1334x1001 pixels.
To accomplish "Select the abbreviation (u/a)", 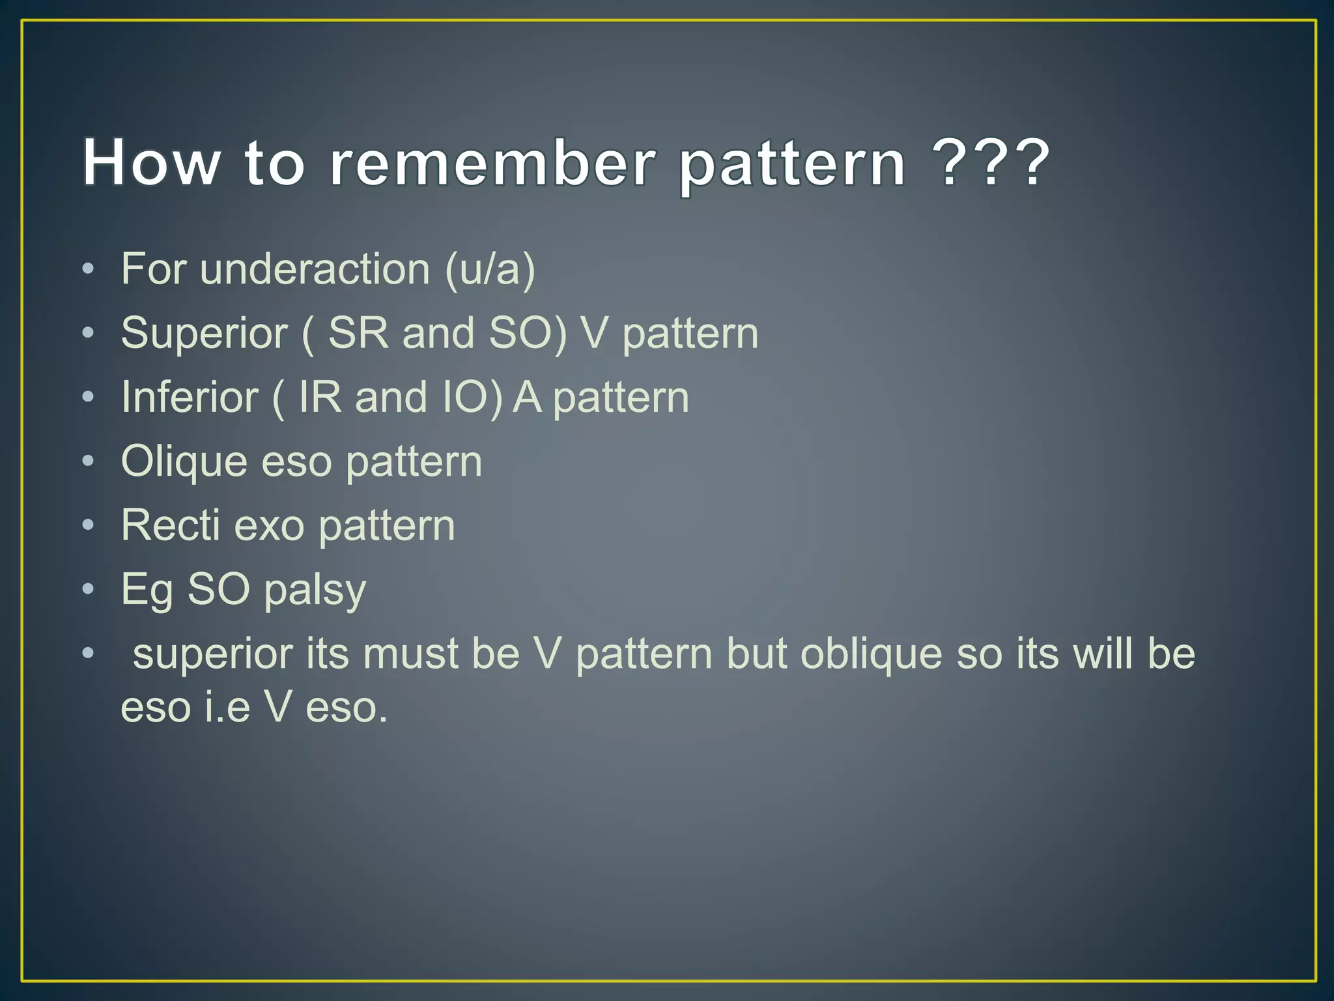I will (x=490, y=269).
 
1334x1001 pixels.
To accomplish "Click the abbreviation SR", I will (x=358, y=333).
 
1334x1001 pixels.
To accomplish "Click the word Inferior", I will (x=190, y=397).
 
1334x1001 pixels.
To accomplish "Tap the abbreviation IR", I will (x=320, y=397).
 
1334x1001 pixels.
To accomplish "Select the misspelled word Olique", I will (x=184, y=461).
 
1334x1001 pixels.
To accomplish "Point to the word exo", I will (x=269, y=525).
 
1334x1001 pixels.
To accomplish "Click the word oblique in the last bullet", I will (x=871, y=654).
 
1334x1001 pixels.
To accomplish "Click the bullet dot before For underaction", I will (x=89, y=269).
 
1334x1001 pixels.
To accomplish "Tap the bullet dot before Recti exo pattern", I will (x=89, y=525).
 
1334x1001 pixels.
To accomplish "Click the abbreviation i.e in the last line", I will (x=227, y=707).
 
